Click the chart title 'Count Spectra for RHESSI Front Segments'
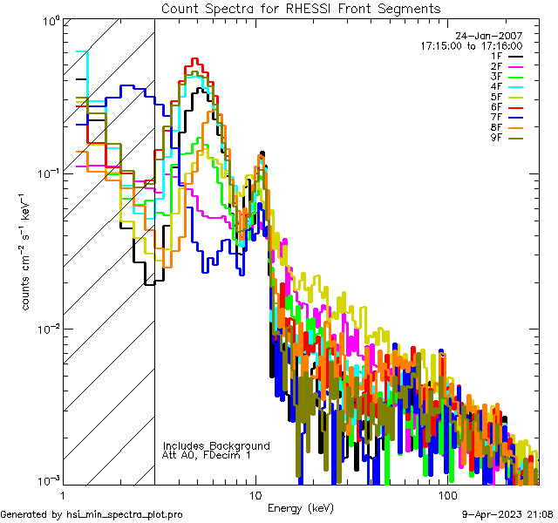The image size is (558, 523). [301, 8]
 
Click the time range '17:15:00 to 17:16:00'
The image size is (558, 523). [473, 46]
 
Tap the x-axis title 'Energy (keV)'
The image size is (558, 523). [301, 507]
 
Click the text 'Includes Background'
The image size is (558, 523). [215, 445]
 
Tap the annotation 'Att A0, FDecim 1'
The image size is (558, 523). [207, 455]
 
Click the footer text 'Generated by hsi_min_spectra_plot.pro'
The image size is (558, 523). [92, 514]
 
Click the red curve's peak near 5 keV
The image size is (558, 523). [195, 59]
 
